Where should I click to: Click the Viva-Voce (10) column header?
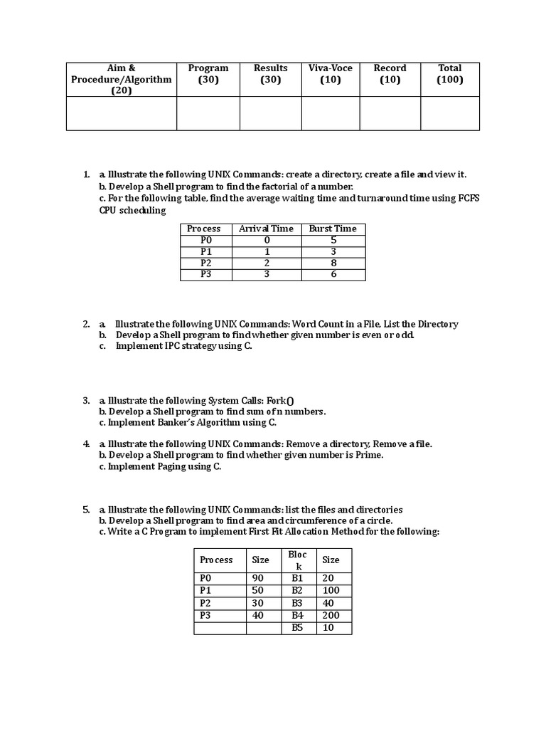[331, 74]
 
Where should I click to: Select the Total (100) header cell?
[449, 74]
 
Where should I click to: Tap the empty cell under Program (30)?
[208, 114]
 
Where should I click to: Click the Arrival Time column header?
[266, 229]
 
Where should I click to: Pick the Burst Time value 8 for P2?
[333, 263]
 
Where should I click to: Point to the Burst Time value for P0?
[333, 240]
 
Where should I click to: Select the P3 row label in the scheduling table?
[206, 274]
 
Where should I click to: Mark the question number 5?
[85, 510]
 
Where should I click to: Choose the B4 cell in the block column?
[297, 615]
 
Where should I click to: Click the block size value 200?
[331, 615]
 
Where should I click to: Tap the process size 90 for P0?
[258, 578]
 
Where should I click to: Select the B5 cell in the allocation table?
[297, 627]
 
